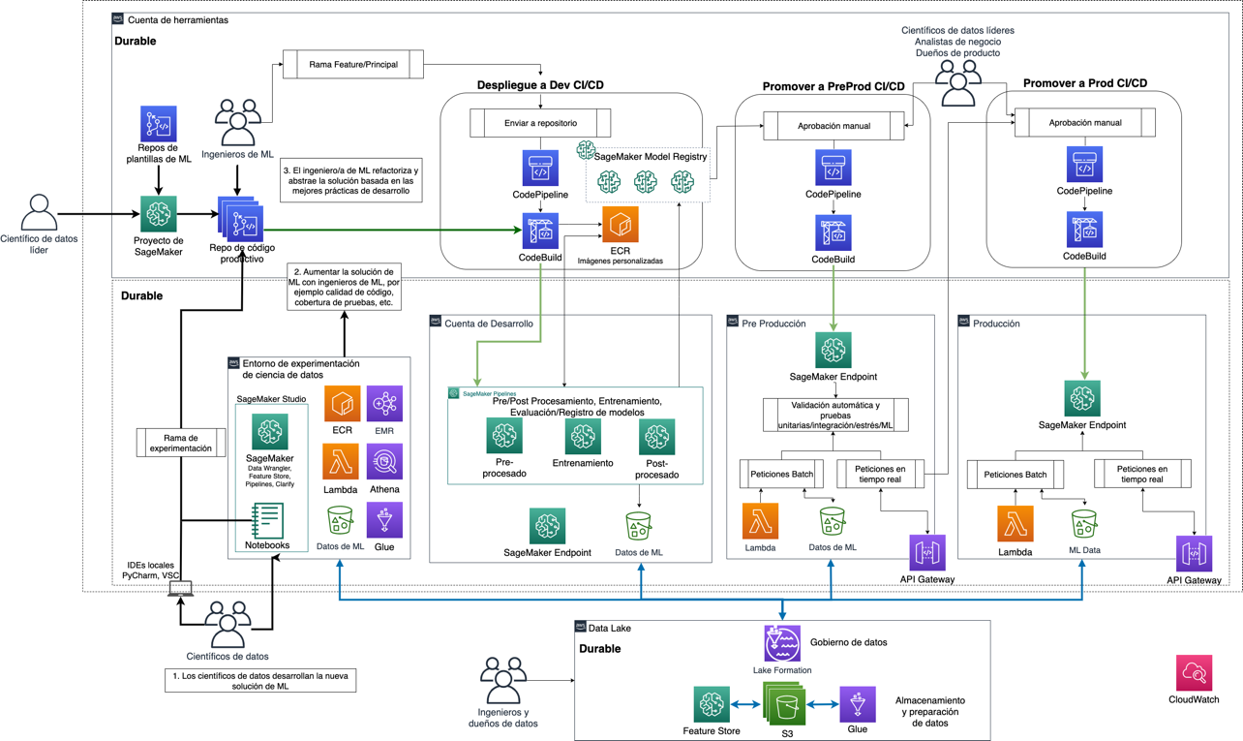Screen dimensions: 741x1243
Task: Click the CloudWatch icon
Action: [1194, 673]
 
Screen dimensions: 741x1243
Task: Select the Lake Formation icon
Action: [781, 643]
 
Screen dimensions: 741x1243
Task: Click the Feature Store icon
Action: [712, 704]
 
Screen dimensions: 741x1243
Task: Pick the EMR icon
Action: [384, 403]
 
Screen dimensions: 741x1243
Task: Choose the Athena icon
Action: [384, 462]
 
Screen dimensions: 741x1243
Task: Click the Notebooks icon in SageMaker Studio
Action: [267, 520]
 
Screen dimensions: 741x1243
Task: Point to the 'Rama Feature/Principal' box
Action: [353, 65]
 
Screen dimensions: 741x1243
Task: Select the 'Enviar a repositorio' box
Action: [540, 123]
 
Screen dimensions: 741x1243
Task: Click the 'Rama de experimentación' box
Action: [181, 443]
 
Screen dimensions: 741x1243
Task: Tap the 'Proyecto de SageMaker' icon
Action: [159, 214]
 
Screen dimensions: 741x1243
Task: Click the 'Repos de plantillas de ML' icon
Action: [159, 125]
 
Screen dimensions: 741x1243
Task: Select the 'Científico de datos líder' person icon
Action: [39, 213]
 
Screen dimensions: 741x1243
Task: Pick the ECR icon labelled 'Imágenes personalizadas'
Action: [620, 225]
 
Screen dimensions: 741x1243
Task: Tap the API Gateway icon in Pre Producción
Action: [927, 553]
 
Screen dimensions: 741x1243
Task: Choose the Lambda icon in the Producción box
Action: [1015, 525]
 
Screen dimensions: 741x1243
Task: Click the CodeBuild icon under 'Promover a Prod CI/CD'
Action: [1084, 231]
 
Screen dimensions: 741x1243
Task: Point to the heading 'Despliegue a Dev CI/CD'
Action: [540, 85]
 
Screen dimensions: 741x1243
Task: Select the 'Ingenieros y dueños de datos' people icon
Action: [502, 681]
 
